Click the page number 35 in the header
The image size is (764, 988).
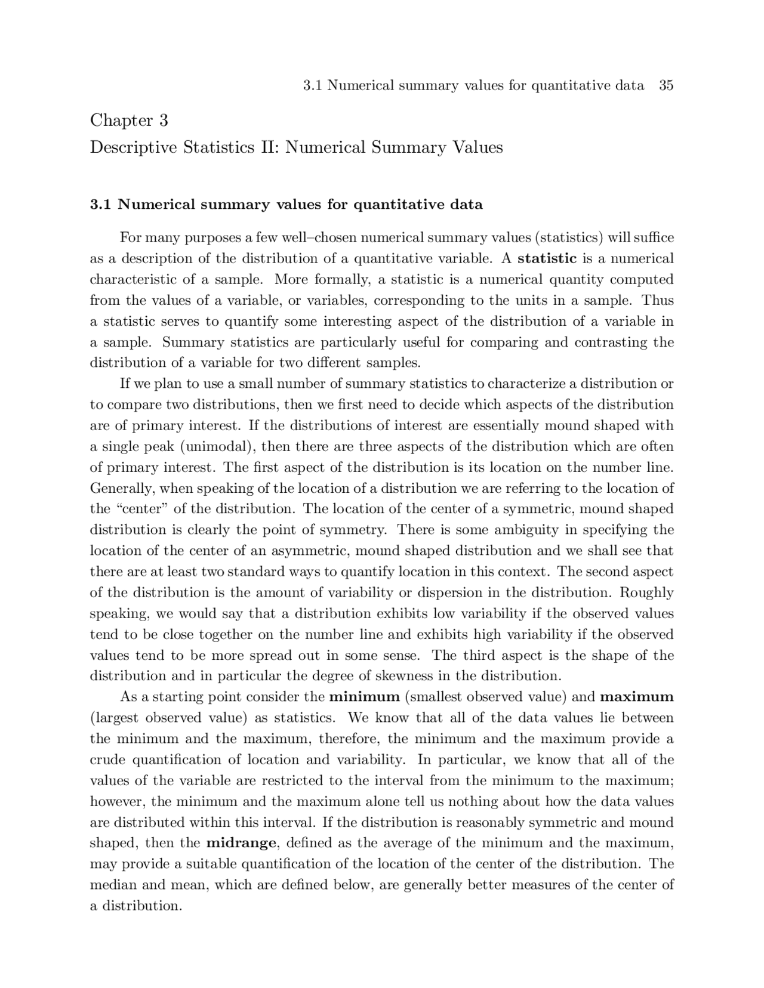(666, 85)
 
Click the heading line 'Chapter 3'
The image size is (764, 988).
(129, 121)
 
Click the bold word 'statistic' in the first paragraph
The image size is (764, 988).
(547, 259)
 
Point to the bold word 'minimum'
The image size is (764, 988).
(364, 697)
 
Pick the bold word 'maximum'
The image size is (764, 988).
(637, 697)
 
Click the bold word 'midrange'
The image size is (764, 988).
(241, 843)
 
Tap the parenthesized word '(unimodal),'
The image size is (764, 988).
(218, 447)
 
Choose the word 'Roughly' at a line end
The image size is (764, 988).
(647, 593)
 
